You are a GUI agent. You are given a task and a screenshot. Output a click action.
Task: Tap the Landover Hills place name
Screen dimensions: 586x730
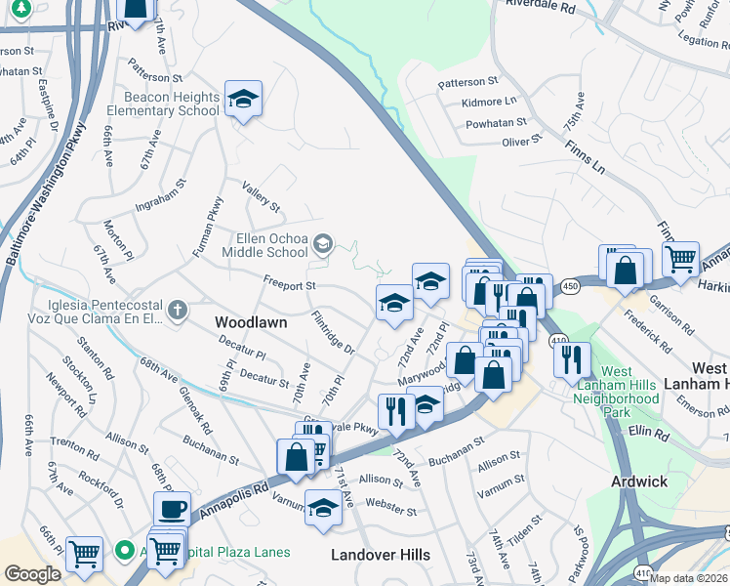(x=380, y=555)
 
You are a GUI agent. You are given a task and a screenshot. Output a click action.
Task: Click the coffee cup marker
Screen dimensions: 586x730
(x=172, y=508)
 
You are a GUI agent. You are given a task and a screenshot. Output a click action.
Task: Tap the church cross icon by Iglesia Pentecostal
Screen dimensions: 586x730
(x=176, y=311)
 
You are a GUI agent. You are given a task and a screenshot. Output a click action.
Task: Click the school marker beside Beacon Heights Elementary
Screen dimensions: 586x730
(x=243, y=98)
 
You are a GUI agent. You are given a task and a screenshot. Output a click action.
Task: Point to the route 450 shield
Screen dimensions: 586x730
(x=569, y=285)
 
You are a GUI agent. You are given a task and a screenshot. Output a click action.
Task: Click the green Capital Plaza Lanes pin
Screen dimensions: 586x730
(x=124, y=551)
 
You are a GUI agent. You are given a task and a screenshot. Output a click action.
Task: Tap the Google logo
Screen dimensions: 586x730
(x=32, y=574)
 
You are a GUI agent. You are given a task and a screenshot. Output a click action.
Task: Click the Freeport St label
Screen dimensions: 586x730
(x=290, y=285)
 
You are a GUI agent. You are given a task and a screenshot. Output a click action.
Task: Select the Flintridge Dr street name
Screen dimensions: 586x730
(x=333, y=332)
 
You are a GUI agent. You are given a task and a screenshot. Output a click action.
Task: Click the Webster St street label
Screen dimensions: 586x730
(x=391, y=510)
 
